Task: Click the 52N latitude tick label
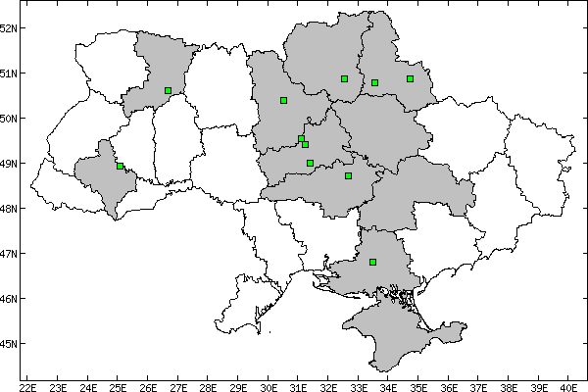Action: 11,27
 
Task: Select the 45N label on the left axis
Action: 11,343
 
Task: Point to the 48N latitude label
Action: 11,208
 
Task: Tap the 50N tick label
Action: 11,118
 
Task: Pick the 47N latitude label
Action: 11,253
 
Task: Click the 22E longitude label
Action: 27,385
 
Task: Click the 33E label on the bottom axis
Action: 359,385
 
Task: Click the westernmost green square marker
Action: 120,167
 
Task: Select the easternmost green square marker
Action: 410,78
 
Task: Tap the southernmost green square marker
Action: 372,262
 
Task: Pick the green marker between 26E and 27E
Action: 168,90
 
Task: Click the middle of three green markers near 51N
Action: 374,82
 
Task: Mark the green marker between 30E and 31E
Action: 283,100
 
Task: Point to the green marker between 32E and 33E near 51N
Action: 344,78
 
